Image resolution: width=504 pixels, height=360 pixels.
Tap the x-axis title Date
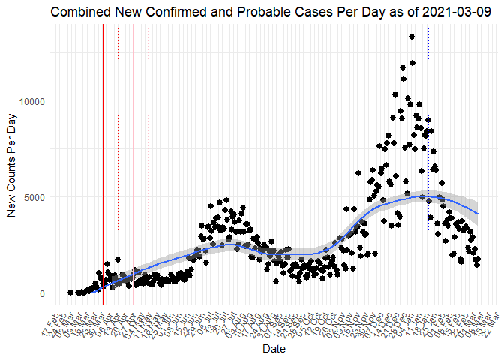click(x=274, y=349)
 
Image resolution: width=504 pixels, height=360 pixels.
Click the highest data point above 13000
click(x=412, y=37)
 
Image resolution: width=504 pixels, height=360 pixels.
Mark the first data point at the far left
click(x=70, y=292)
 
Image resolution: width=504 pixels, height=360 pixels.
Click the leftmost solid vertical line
click(x=82, y=150)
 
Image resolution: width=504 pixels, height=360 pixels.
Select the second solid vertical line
click(x=103, y=150)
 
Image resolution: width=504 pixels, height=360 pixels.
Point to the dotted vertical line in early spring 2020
click(x=118, y=150)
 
